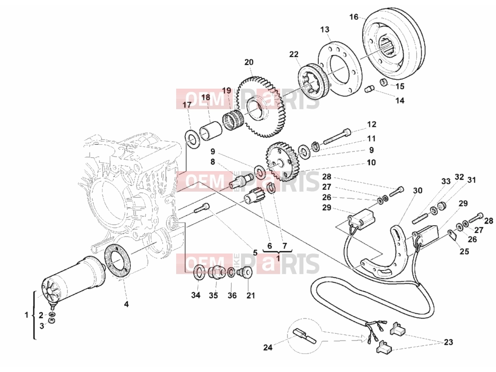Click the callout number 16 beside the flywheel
click(354, 17)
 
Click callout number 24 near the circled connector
click(268, 347)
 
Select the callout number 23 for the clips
click(448, 342)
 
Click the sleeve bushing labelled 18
click(210, 130)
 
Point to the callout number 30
click(418, 191)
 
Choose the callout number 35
click(214, 295)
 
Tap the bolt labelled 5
click(201, 207)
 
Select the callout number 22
click(294, 54)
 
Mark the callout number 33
click(446, 181)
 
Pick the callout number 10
click(371, 162)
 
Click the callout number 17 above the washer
click(187, 105)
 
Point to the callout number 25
click(465, 251)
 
